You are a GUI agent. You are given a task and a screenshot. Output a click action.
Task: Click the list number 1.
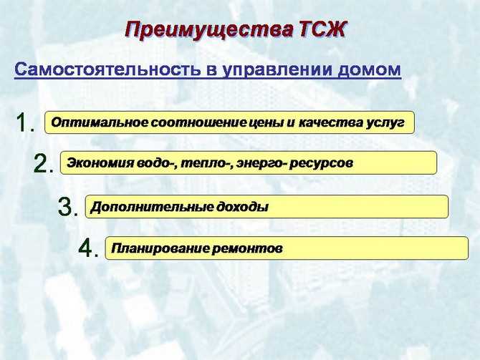tap(24, 122)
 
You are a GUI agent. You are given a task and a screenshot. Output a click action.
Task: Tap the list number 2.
tap(43, 164)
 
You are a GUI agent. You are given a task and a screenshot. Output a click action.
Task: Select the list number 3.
tap(67, 207)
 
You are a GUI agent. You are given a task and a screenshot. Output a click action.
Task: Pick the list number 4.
tap(87, 248)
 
